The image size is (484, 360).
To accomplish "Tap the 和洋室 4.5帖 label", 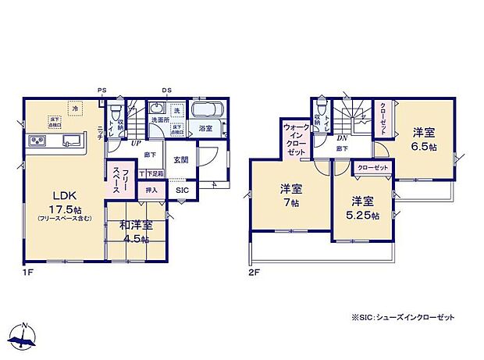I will point(136,232).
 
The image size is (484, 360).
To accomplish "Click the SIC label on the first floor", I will point(181,190).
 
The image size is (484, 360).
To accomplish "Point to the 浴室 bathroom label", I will point(205,128).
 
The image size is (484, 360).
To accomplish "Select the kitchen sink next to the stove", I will point(69,141).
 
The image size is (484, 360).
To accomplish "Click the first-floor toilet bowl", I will point(116,112).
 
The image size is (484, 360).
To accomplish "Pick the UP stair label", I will point(135,143).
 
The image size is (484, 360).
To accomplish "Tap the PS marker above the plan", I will point(102,91).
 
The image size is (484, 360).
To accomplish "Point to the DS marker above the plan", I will point(166,91).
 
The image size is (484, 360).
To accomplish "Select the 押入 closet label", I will point(151,190).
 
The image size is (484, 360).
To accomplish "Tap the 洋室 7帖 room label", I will point(290,194).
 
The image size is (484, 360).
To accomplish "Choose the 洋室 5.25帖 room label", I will point(364,205).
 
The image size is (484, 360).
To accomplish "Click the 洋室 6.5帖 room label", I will point(425,139).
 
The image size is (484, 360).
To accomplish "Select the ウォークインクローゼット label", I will point(295,141).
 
